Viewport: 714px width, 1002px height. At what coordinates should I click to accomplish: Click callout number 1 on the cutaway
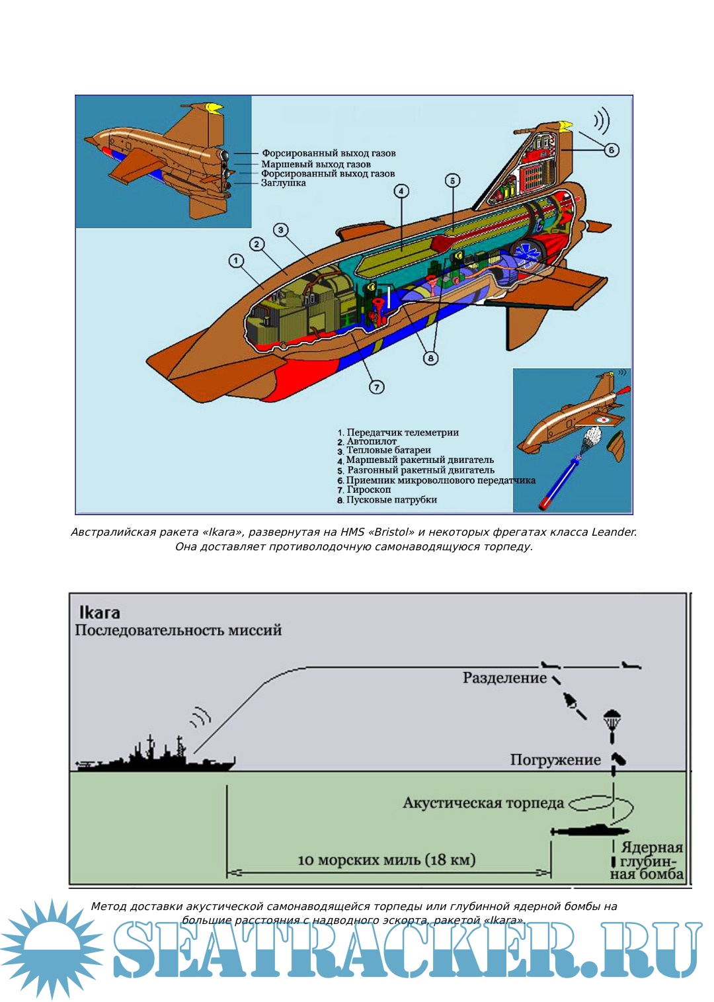pos(236,261)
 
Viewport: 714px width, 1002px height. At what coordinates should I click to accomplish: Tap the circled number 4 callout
pos(401,192)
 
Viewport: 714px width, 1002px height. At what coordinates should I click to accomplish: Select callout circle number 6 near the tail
pos(612,150)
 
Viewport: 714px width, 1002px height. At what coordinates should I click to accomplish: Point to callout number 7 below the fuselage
pos(376,387)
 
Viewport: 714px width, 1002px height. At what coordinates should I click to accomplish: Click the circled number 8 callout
pos(430,358)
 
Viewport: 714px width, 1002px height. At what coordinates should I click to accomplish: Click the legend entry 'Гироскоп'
pos(368,490)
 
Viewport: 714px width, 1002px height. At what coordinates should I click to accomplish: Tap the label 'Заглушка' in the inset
pos(283,183)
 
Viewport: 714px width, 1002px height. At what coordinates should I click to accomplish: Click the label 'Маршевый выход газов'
pos(315,164)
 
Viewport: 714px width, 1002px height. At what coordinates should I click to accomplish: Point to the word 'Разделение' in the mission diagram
pos(504,678)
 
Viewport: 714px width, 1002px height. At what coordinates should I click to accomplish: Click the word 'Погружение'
pos(555,760)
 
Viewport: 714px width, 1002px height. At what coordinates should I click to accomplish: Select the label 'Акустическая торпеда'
pos(483,803)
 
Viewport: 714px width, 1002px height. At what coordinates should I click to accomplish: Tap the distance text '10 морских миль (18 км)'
pos(387,860)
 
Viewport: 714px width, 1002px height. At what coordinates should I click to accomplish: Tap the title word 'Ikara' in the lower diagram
pos(99,612)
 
